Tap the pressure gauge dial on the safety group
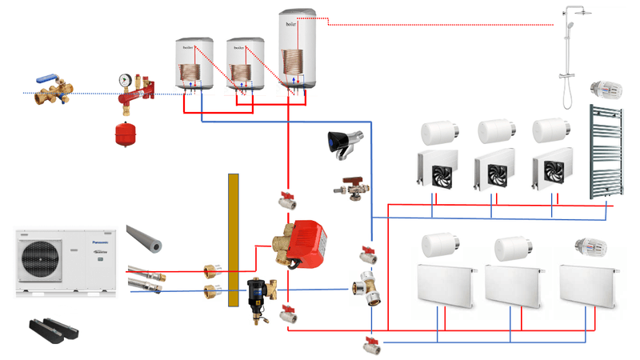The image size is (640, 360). pyautogui.click(x=125, y=82)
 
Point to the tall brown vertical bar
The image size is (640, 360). pyautogui.click(x=234, y=239)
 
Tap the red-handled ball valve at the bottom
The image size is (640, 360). pyautogui.click(x=370, y=345)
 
